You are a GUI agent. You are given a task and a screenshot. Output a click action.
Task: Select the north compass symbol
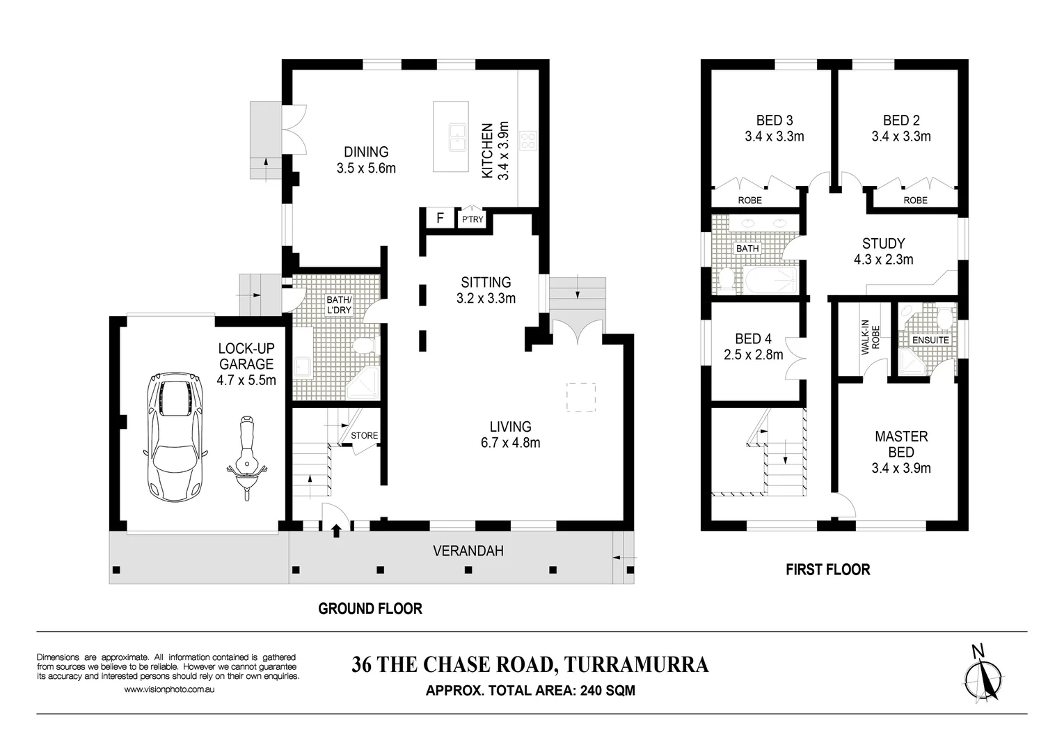(x=983, y=675)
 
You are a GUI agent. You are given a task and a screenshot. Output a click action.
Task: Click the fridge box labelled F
(x=440, y=219)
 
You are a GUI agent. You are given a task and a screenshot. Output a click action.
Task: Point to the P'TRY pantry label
(x=473, y=220)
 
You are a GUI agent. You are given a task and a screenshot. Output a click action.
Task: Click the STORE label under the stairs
(x=364, y=436)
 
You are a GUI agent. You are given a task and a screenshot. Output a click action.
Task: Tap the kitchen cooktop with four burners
(x=528, y=141)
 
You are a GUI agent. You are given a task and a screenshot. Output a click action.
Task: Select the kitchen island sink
(x=457, y=136)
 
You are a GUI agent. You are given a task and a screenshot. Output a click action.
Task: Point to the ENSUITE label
(x=930, y=340)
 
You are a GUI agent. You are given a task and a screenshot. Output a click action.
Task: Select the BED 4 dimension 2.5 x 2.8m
(x=753, y=355)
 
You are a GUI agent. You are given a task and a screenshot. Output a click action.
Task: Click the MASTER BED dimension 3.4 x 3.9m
(x=901, y=469)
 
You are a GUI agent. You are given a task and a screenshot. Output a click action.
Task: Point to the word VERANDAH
(x=468, y=551)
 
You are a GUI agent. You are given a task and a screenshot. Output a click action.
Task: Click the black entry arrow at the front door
(x=336, y=531)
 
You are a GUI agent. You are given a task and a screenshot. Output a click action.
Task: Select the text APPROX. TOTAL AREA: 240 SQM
(x=530, y=691)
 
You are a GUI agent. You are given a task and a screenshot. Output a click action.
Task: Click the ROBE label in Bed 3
(x=749, y=201)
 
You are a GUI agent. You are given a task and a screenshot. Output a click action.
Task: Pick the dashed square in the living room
(x=580, y=397)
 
